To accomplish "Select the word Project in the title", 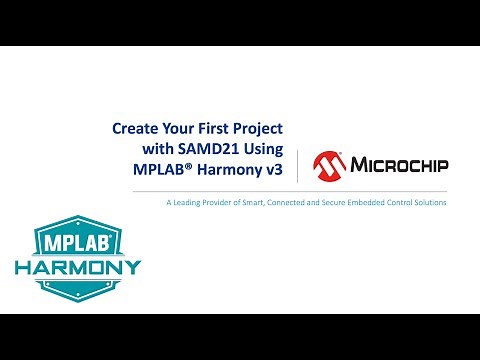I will pos(257,129).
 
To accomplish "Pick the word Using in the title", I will pos(262,150).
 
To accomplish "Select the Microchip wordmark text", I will pos(399,164).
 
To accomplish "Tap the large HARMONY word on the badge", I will pos(77,269).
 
